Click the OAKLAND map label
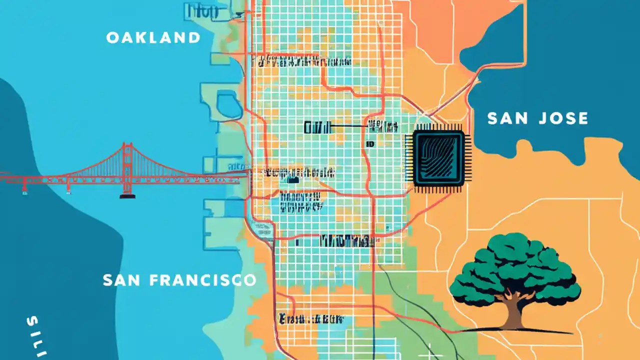[153, 37]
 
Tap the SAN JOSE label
[537, 118]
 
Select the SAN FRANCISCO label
[179, 280]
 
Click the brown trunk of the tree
[514, 312]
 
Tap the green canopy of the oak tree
[515, 270]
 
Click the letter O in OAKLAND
[112, 37]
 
